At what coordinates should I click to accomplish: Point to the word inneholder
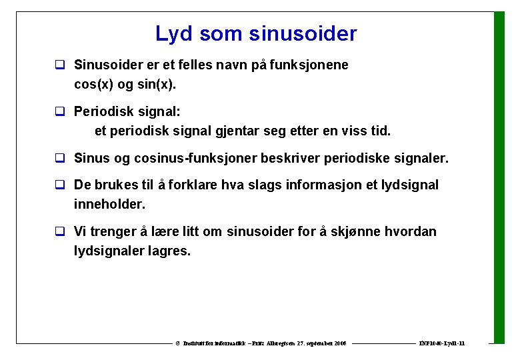(109, 204)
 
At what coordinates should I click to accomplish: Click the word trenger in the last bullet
(113, 232)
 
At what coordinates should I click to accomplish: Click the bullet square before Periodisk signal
(59, 113)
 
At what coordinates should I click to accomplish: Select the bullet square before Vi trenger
(59, 233)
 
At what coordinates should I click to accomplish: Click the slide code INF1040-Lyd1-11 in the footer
(441, 343)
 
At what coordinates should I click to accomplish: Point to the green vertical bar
(499, 177)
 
